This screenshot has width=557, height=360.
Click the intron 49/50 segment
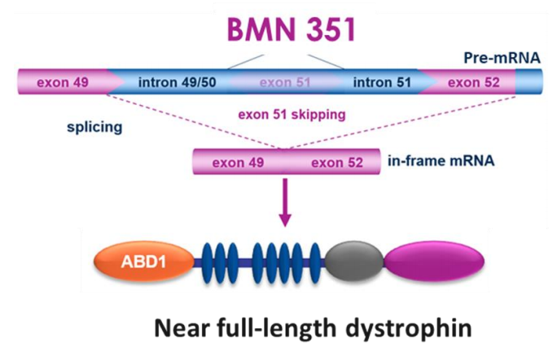pyautogui.click(x=173, y=82)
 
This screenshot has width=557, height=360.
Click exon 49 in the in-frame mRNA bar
pyautogui.click(x=239, y=161)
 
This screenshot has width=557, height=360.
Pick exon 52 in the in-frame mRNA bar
pyautogui.click(x=337, y=161)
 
